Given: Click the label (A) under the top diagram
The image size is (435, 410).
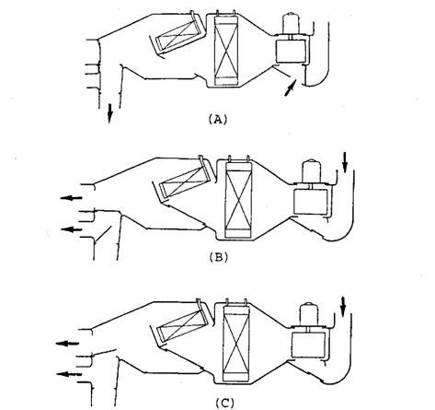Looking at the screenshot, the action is click(218, 119).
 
